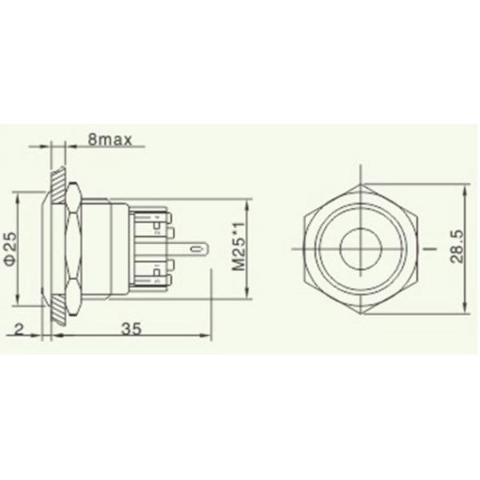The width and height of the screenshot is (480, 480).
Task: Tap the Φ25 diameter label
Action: [10, 249]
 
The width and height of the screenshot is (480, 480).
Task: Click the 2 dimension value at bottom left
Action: [17, 326]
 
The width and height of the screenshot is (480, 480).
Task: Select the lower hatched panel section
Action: [57, 314]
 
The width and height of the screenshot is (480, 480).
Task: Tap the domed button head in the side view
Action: [44, 249]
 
